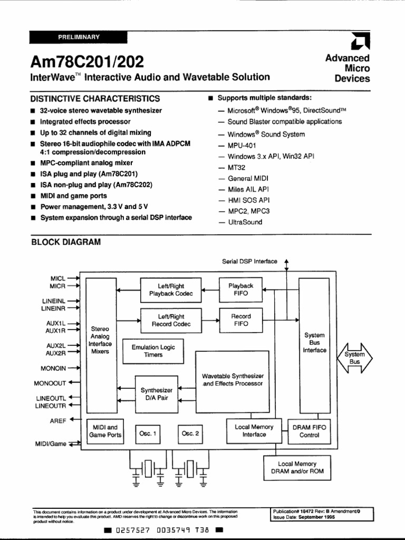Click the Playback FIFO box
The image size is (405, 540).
click(240, 290)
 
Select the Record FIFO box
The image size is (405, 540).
click(240, 320)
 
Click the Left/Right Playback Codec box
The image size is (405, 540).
click(171, 290)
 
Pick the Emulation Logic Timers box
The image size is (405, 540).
click(153, 351)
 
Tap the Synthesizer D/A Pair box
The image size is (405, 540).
click(157, 394)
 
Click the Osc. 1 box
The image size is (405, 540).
click(148, 433)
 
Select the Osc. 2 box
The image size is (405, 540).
click(190, 433)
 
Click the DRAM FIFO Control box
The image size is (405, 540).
click(309, 431)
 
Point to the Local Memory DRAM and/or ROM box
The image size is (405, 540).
click(297, 467)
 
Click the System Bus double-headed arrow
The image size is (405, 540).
click(354, 359)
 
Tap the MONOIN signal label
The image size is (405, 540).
click(53, 368)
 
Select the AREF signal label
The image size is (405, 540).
click(57, 421)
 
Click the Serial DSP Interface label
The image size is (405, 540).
click(249, 261)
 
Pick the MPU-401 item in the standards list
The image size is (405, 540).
click(242, 145)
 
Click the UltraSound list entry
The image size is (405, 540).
click(245, 222)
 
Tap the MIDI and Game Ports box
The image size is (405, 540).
click(105, 431)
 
